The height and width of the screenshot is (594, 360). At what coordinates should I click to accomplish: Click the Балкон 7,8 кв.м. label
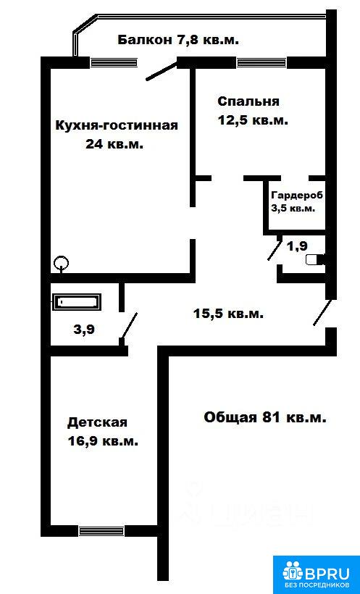coord(178,40)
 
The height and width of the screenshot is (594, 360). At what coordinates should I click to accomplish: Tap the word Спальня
coord(248,101)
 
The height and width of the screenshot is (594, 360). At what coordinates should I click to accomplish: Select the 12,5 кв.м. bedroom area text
coord(253,120)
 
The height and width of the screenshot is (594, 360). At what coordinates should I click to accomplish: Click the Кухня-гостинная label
coord(117,125)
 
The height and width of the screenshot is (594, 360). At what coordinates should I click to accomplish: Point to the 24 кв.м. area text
coord(114,144)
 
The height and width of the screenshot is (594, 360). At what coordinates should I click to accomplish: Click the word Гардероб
coord(297,196)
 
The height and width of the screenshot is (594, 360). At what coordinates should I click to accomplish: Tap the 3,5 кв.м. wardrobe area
coord(293,209)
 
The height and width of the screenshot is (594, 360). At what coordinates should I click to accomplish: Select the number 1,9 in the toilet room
coord(297,246)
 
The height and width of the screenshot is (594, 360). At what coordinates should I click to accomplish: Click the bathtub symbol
coord(78,302)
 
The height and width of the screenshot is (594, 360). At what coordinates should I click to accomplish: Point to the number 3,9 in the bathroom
coord(84,329)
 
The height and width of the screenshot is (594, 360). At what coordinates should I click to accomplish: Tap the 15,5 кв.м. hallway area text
coord(228,314)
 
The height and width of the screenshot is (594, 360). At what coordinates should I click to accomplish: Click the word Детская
coord(97,422)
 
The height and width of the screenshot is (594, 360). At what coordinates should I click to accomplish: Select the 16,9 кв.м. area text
coord(103,441)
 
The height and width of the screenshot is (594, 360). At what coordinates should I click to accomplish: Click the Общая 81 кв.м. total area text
coord(265,417)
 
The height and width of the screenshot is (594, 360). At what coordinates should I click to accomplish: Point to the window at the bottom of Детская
coord(101,531)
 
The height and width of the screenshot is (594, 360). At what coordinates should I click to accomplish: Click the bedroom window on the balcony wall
coord(261,62)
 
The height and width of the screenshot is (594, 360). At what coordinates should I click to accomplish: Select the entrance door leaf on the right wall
coord(322,312)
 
